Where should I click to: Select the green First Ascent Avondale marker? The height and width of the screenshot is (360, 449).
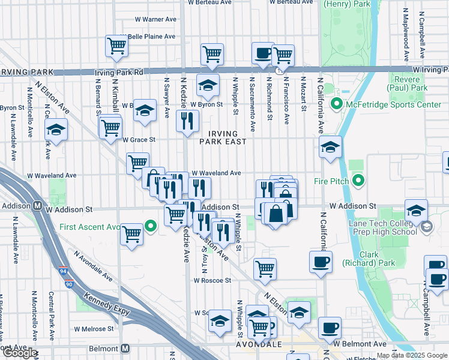[151, 226]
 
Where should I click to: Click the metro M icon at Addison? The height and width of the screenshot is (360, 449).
[37, 206]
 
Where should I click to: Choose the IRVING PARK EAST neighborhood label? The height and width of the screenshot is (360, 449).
[223, 137]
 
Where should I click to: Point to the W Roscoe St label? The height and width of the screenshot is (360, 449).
[212, 280]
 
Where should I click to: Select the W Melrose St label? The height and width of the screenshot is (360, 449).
[94, 329]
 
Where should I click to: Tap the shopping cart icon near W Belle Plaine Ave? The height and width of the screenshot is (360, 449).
[116, 45]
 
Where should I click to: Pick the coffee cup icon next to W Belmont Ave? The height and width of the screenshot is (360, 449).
[330, 328]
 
